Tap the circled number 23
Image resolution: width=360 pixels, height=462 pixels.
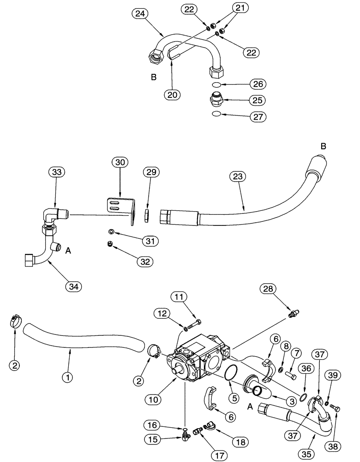pos(240,177)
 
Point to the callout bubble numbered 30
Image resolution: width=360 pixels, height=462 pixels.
pos(120,163)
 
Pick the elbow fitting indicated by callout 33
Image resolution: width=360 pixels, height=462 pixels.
pos(55,216)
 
